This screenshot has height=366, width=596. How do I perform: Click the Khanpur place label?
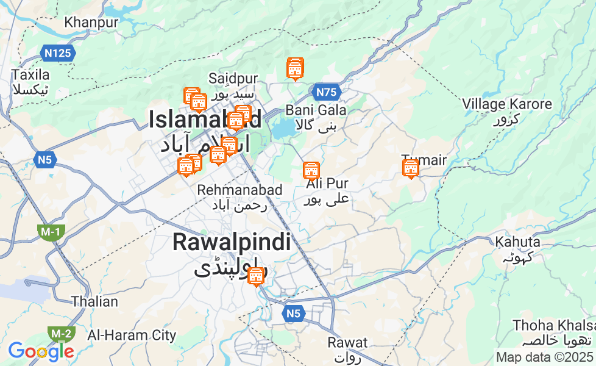[91, 23]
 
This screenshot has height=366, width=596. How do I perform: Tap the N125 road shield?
[59, 53]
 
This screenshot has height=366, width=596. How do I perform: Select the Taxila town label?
[30, 76]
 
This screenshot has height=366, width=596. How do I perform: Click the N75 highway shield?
[326, 92]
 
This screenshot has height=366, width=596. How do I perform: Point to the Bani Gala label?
[316, 110]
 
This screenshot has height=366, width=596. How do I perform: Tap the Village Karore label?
[507, 104]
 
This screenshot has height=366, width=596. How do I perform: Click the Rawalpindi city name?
[231, 242]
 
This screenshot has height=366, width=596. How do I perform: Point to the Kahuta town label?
[517, 241]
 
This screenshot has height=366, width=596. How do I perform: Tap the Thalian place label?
[94, 301]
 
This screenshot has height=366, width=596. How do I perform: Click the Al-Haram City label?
[132, 335]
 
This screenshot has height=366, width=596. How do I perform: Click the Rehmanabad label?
[239, 190]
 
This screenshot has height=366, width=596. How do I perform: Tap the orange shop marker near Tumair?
[411, 168]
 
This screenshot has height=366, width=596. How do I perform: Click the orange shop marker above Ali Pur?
[311, 170]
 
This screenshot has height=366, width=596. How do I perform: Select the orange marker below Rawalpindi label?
[257, 276]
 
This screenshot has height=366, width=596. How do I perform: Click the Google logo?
[40, 351]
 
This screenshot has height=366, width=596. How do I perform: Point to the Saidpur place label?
[233, 79]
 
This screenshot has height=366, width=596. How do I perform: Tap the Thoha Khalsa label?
[553, 325]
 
